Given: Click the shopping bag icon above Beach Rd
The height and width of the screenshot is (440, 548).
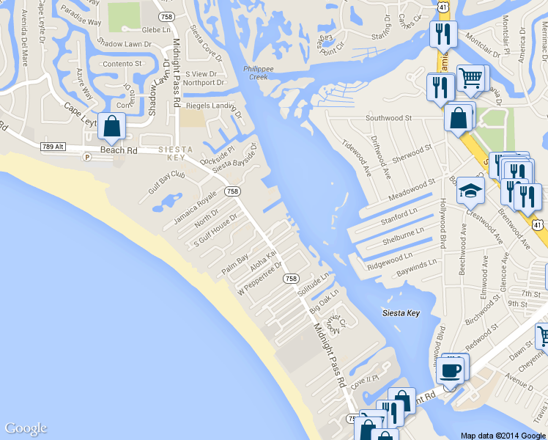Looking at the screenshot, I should coord(111,127).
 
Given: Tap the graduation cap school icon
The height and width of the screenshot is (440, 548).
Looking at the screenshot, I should coord(470,191).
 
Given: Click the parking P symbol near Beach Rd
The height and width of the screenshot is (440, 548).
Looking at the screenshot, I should coord(87,156).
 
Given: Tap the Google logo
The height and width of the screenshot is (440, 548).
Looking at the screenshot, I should coord(26,428).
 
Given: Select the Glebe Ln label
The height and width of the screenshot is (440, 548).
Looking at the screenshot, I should coord(156,30).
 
